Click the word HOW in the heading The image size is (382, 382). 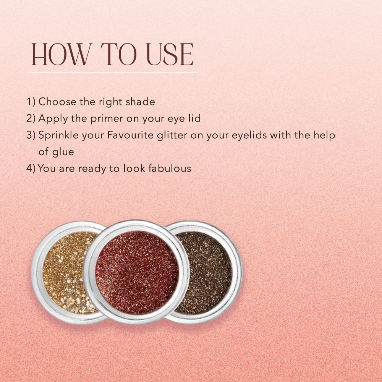61,54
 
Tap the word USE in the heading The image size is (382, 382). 170,54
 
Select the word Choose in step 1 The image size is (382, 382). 58,102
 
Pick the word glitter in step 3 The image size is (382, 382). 172,136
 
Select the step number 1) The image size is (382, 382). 31,102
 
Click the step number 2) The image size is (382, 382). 31,119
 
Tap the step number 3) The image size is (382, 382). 31,135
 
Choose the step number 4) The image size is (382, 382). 31,168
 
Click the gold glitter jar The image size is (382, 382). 64,272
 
